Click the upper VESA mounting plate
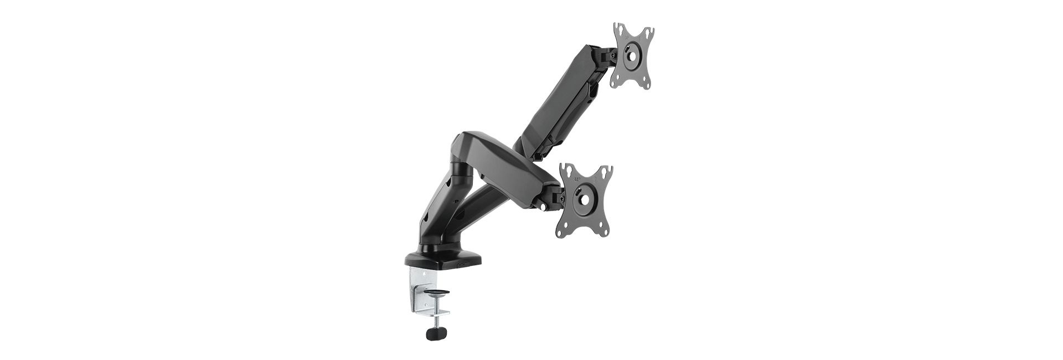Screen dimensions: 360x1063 click(x=632, y=55)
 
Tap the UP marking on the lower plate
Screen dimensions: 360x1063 click(x=577, y=179)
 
